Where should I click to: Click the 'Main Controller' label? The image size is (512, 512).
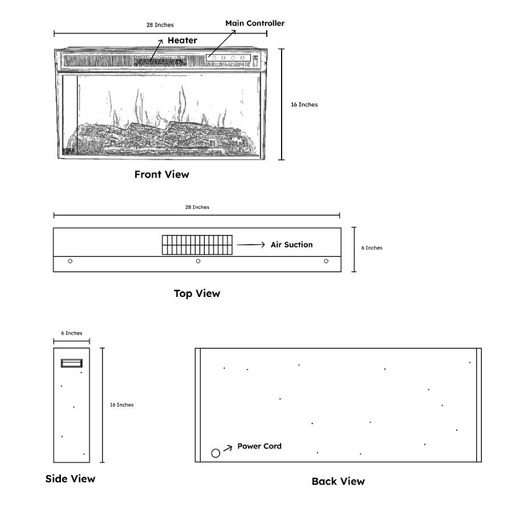pos(255,23)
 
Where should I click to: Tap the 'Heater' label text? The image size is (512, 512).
pos(182,40)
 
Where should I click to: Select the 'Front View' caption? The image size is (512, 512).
pos(162,175)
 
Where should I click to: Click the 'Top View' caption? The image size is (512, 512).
pos(197,294)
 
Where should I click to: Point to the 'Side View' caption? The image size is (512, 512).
pos(71,478)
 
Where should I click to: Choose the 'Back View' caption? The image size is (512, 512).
pos(338,481)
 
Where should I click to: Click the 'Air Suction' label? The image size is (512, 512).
pos(291,245)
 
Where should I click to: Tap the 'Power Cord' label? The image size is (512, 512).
pos(259,446)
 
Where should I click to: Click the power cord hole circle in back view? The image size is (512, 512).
pos(216,453)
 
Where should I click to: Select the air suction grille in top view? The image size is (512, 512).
pos(197,245)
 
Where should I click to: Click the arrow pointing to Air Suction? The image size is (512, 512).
pos(251,245)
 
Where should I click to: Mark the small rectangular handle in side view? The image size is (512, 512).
pos(72,363)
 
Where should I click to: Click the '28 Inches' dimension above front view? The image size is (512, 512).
pos(160,25)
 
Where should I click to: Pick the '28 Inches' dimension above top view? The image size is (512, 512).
pos(197,207)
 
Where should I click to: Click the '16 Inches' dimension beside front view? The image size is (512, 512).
pos(304,104)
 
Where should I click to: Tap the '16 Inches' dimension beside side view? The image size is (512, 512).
pos(122,404)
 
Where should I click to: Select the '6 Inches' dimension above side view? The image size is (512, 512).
pos(72,333)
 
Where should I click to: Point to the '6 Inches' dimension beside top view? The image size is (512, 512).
pos(372,247)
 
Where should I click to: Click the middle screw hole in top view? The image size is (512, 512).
pos(198,261)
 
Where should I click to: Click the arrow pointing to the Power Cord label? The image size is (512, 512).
pos(228,448)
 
